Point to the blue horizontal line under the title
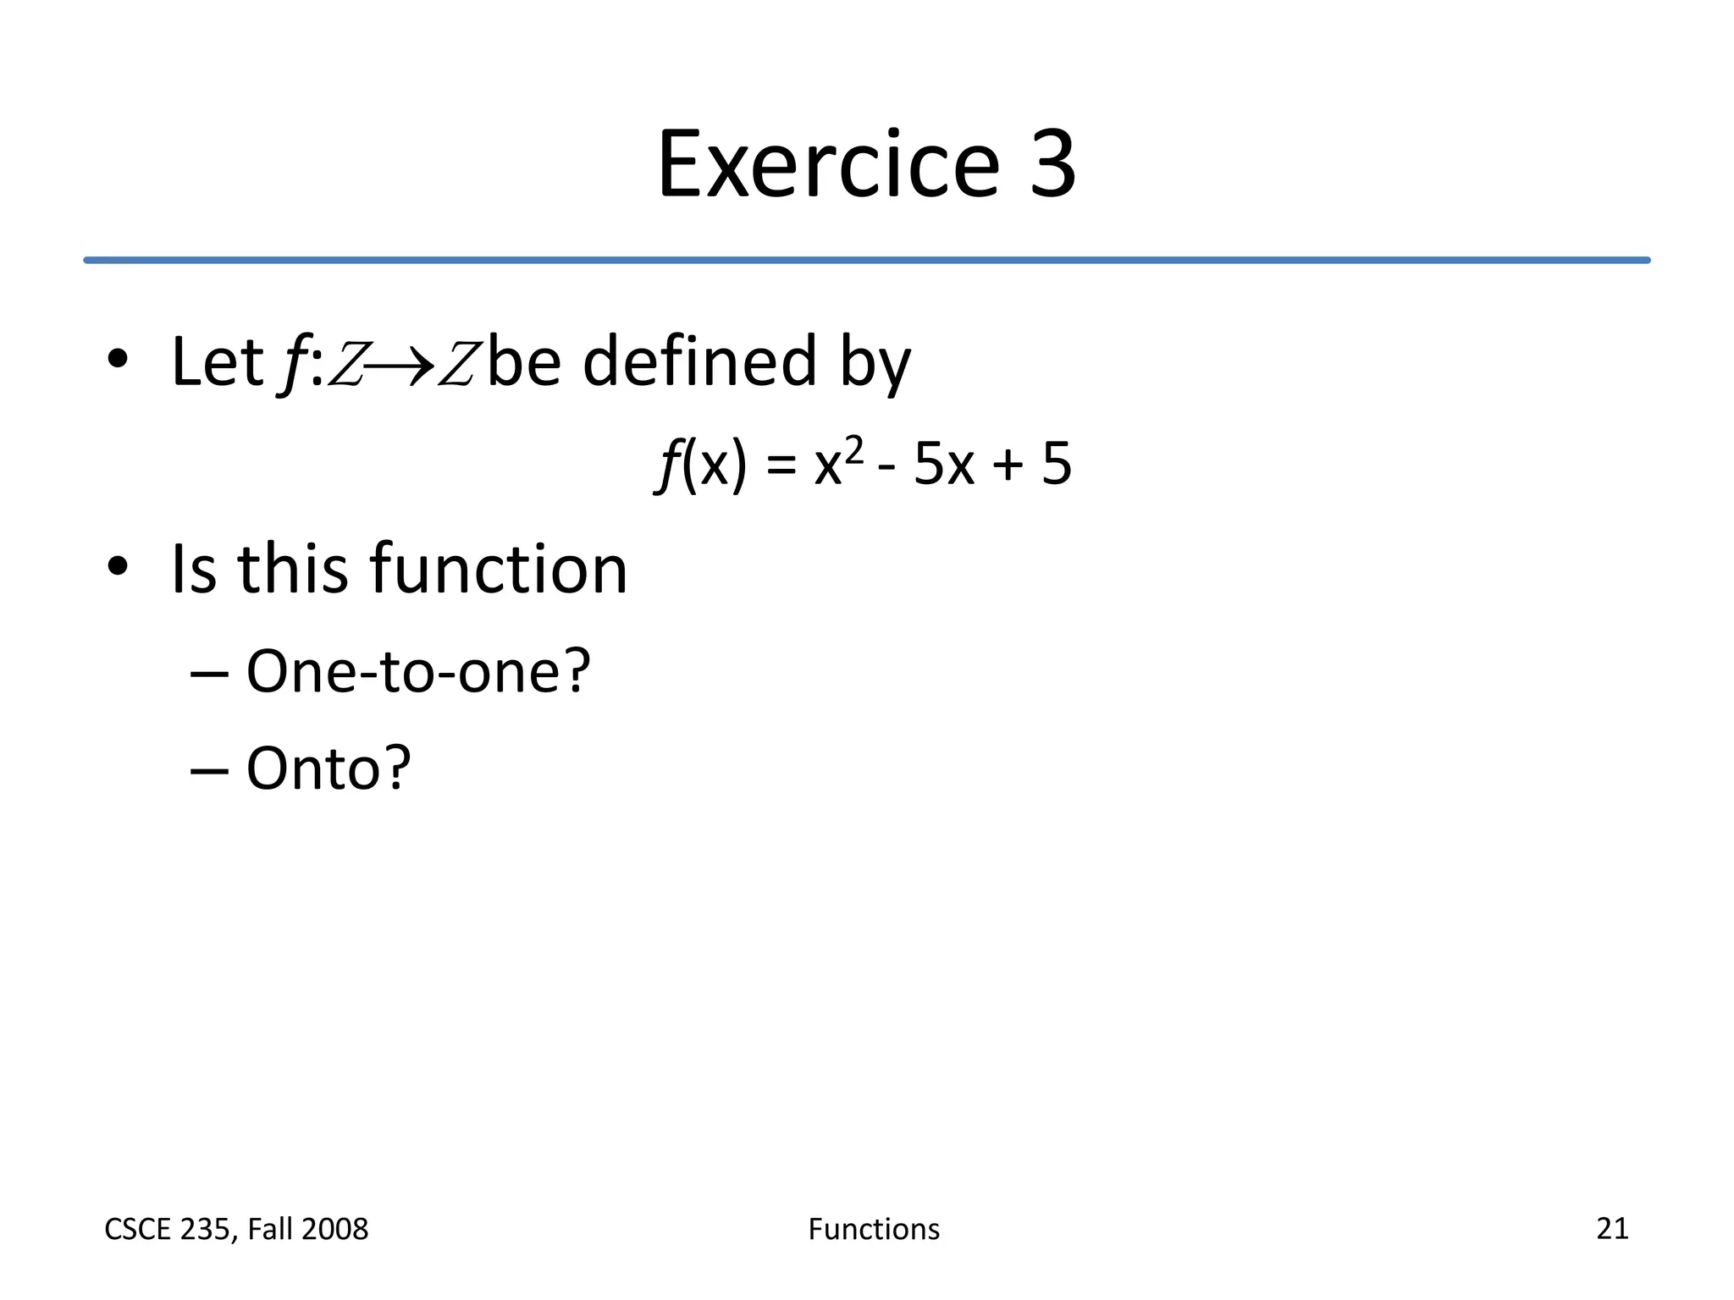coord(867,260)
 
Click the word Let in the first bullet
coord(217,362)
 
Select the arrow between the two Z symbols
coord(400,366)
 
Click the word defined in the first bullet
coord(699,362)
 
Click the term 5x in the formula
coord(943,465)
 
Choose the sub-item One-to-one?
coord(417,671)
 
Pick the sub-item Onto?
coord(328,768)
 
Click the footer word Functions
coord(874,1229)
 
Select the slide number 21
coord(1612,1228)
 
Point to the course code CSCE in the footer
coord(137,1229)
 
